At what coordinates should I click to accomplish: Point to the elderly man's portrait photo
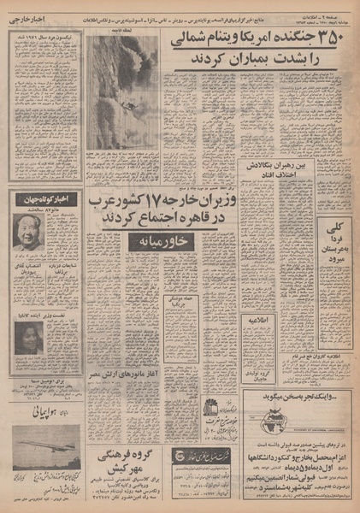(29, 232)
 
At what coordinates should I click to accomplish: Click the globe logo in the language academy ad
(275, 421)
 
